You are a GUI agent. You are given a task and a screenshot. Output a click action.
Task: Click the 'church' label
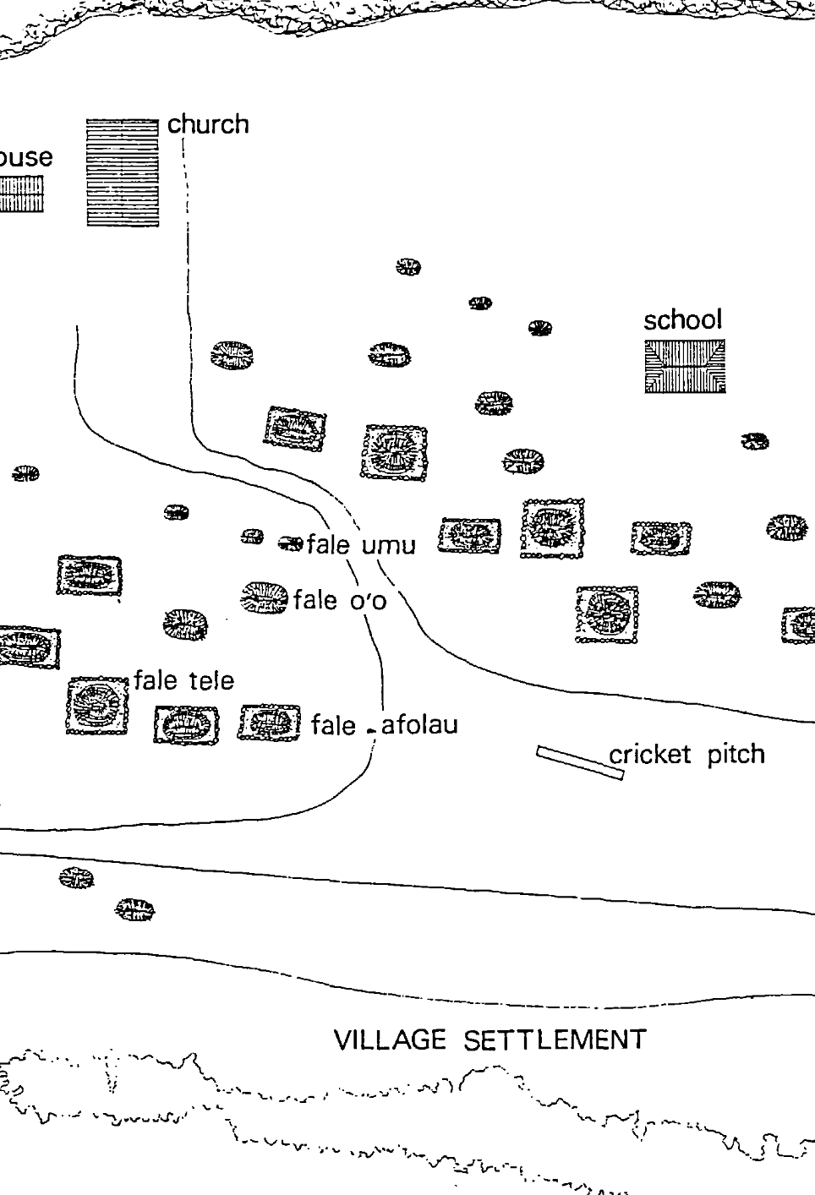coord(208,124)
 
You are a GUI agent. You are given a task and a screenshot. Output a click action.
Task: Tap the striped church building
coord(123,173)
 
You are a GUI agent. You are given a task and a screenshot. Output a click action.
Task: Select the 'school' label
coord(682,319)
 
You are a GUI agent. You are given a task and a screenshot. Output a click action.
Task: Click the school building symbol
coord(685,367)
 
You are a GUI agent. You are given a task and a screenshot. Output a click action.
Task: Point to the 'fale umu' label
coord(361,545)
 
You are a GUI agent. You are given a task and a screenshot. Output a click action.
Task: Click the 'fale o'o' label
coord(340,600)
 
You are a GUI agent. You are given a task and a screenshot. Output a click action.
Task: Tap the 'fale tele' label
coord(184,680)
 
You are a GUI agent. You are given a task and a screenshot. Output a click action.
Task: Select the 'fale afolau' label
coord(385,725)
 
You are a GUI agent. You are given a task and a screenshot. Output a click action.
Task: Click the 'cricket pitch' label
coord(686,755)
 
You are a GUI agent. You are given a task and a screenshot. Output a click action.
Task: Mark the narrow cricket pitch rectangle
coord(580,763)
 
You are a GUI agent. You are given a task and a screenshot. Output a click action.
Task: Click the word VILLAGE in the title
coord(390,1039)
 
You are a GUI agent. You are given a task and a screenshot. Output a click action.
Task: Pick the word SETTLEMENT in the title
coord(555,1039)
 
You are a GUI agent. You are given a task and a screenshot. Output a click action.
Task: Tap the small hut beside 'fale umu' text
coord(290,543)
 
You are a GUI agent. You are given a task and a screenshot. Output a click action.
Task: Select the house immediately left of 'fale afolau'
coord(269,723)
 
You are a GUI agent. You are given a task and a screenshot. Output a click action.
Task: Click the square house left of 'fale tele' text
coord(98,706)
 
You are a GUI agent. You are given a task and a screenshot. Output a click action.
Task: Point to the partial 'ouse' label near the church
coord(25,157)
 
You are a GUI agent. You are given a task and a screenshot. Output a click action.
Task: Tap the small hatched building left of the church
coord(21,194)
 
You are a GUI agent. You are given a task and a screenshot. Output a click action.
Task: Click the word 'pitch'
coord(736,755)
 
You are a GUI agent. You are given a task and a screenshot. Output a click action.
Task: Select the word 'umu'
coord(389,546)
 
